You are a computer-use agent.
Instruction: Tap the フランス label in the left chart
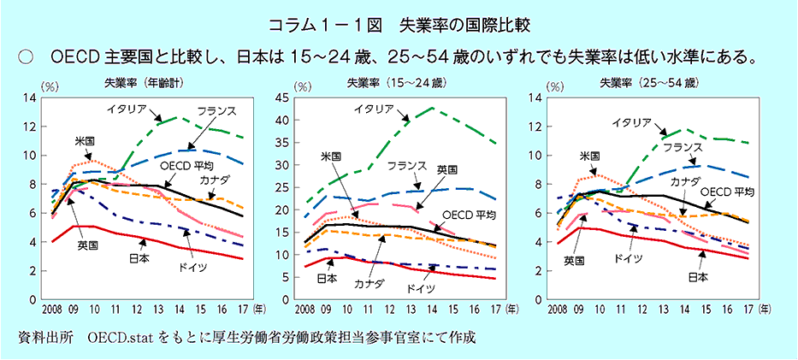[x=216, y=112]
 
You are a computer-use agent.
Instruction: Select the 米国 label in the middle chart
[x=331, y=156]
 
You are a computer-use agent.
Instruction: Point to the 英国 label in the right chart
[x=573, y=258]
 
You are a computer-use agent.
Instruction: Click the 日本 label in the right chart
[x=698, y=277]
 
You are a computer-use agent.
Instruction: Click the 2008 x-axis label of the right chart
[x=559, y=308]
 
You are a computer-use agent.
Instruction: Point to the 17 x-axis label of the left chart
[x=243, y=308]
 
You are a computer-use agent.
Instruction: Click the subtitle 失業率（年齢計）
[x=141, y=83]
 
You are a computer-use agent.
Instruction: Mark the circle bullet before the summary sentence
[x=25, y=56]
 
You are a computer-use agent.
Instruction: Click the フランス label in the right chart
[x=683, y=148]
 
